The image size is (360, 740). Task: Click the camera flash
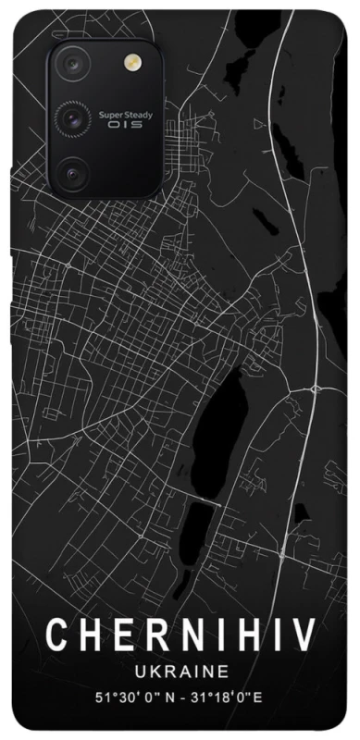coord(130,62)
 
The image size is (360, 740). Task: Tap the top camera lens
coord(72,63)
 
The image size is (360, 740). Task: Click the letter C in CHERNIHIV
coord(57,634)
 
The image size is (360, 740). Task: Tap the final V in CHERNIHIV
coord(304,634)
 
